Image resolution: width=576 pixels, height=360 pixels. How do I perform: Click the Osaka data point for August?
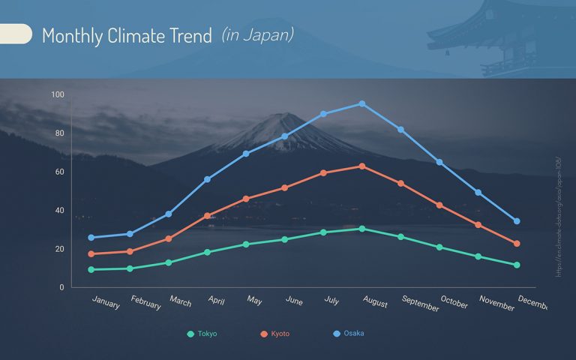(362, 103)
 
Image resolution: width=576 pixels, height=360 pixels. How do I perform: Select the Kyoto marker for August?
(362, 166)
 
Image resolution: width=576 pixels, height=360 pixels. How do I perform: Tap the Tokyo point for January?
(91, 269)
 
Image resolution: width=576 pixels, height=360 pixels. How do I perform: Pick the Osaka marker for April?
(208, 179)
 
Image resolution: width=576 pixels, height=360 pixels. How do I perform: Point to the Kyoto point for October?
(439, 205)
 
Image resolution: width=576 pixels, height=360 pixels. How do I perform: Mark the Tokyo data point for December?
(517, 265)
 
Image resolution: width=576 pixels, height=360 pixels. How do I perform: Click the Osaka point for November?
(478, 193)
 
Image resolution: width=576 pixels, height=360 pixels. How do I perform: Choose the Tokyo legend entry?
(202, 334)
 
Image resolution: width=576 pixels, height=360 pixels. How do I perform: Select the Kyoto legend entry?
(274, 334)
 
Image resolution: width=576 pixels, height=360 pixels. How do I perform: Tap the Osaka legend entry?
(348, 333)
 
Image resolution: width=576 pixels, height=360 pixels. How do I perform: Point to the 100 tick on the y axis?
(58, 94)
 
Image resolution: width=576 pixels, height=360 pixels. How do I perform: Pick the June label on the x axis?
(295, 300)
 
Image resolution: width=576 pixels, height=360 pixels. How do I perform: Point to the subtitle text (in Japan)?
(257, 34)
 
